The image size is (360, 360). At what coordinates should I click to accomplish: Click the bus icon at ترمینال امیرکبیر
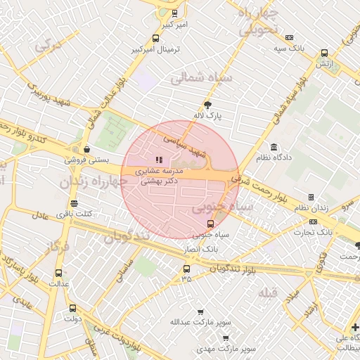click(x=155, y=39)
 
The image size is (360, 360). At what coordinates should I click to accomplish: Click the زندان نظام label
click(x=311, y=209)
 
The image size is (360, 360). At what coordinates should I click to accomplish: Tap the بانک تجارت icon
click(x=313, y=221)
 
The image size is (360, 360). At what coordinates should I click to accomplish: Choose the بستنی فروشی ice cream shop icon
click(x=86, y=149)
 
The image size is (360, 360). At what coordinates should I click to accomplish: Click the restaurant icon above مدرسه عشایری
click(x=159, y=160)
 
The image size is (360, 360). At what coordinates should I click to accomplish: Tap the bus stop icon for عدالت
click(x=58, y=274)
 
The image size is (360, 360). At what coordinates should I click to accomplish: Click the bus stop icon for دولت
click(x=72, y=308)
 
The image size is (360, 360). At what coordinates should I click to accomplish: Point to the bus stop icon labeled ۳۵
click(x=186, y=269)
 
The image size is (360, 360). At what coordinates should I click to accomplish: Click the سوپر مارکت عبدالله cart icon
click(x=200, y=311)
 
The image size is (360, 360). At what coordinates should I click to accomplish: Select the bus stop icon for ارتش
click(x=323, y=53)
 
